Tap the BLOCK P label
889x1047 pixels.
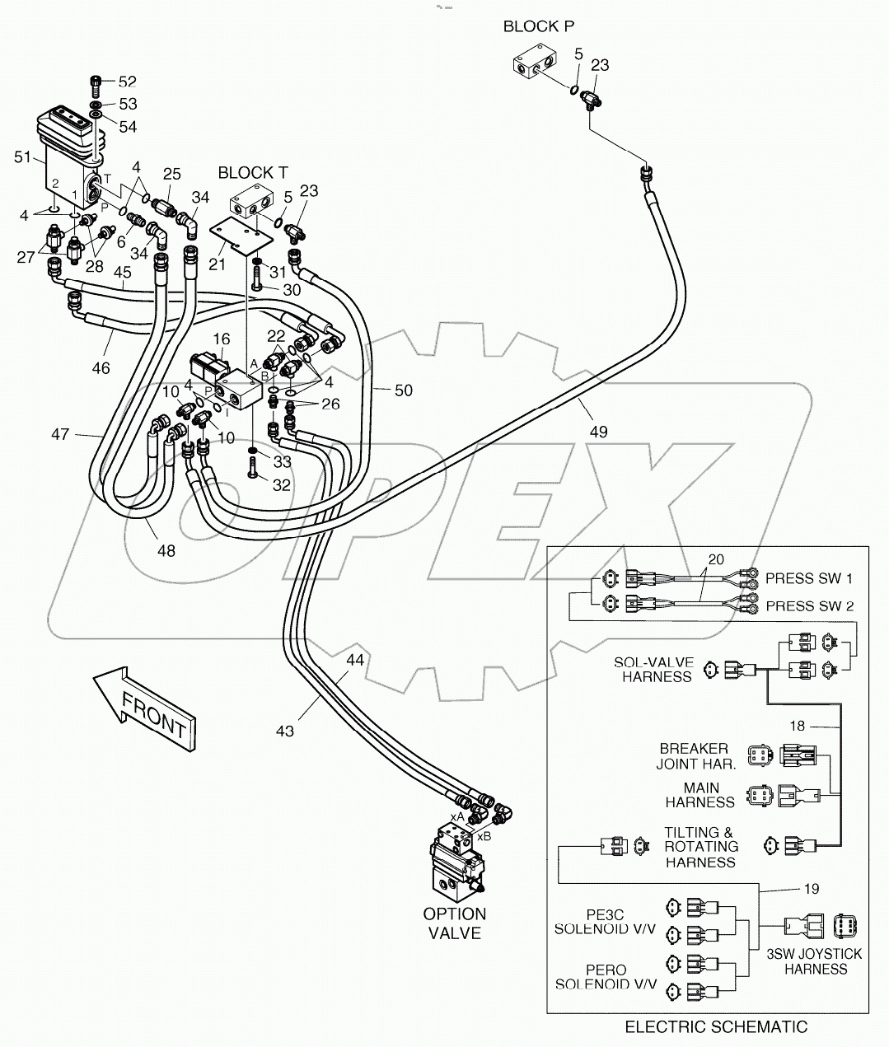(x=538, y=26)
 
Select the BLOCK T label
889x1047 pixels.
(x=252, y=172)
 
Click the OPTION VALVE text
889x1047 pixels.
(x=454, y=923)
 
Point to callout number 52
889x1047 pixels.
(x=127, y=82)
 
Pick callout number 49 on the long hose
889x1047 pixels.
(x=598, y=431)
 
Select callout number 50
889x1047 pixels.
(x=403, y=390)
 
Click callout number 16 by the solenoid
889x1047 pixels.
(x=221, y=339)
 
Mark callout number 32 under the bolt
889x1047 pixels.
(x=281, y=485)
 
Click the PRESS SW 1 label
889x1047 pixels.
(x=809, y=578)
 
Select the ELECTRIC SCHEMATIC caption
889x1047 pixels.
(x=716, y=1026)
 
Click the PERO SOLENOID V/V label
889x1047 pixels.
(x=606, y=977)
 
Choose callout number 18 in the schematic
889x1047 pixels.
(x=798, y=727)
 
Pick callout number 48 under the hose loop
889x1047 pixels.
(x=166, y=551)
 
